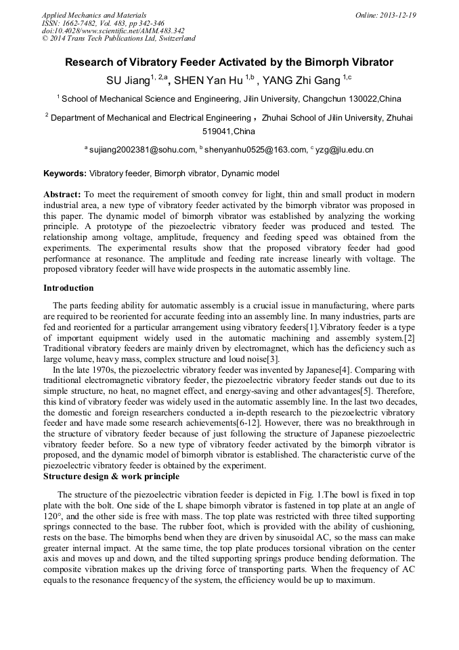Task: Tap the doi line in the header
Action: (x=113, y=31)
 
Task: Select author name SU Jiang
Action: (x=127, y=81)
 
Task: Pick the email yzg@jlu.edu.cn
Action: (x=345, y=150)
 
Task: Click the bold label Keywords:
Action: (x=65, y=174)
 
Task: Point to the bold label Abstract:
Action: (x=62, y=194)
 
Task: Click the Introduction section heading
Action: (x=68, y=288)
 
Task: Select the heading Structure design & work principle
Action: (x=112, y=476)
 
